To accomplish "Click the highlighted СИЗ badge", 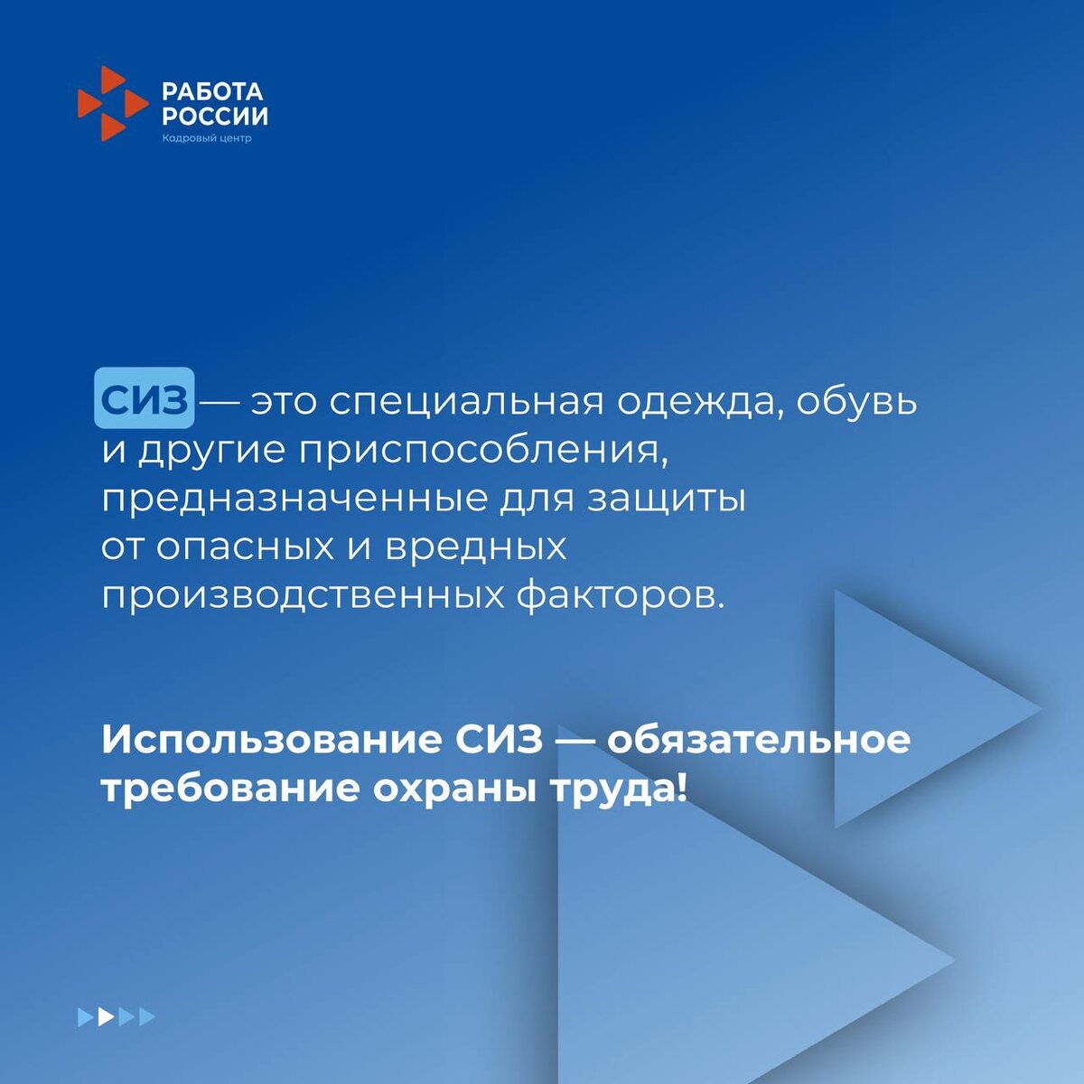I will pos(145,399).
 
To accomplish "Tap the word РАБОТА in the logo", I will pos(212,91).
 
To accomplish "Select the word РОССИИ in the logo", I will pos(215,116).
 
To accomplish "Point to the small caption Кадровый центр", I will pos(207,138).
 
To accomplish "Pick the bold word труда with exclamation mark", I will pos(619,790).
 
